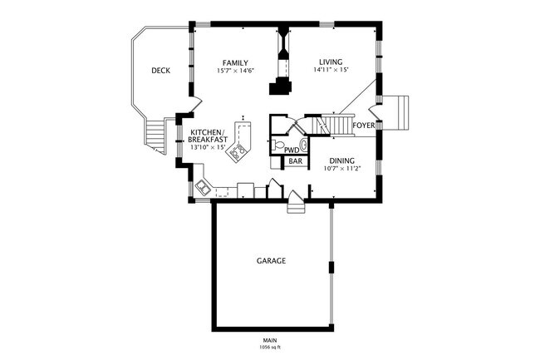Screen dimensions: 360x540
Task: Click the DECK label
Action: coord(160,71)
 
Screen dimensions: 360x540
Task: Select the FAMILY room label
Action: coord(235,62)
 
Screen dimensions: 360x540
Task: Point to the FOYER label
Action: coord(362,126)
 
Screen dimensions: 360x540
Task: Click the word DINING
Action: coord(341,161)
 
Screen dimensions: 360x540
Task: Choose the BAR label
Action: coord(295,161)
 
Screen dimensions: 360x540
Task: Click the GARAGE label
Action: coord(270,260)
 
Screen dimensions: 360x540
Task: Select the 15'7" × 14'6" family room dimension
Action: coord(235,71)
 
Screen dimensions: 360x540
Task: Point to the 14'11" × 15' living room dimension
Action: coord(331,71)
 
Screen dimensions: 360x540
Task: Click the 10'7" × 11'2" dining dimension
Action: coord(341,169)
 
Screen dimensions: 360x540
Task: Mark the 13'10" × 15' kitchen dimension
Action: coord(207,147)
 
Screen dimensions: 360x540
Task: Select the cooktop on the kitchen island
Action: coord(239,152)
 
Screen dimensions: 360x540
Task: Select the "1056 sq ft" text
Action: coord(270,347)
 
